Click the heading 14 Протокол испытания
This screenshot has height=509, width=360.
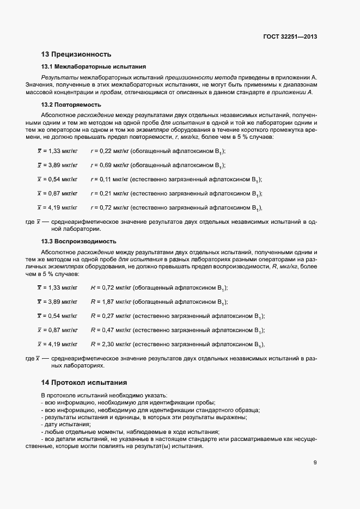(x=84, y=382)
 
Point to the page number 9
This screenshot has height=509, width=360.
(x=315, y=463)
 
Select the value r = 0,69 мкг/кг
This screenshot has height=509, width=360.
(x=107, y=165)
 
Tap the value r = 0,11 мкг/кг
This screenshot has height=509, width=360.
(x=107, y=179)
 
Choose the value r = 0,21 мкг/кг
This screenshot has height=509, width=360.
(x=107, y=193)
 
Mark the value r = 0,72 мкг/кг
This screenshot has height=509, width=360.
(x=107, y=207)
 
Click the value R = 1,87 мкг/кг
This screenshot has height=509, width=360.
(x=107, y=302)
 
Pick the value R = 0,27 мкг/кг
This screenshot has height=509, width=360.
(x=107, y=316)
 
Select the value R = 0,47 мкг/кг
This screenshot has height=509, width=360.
(x=107, y=330)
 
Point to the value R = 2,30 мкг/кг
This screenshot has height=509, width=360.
(x=107, y=344)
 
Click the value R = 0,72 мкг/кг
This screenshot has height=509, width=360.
(x=107, y=287)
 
